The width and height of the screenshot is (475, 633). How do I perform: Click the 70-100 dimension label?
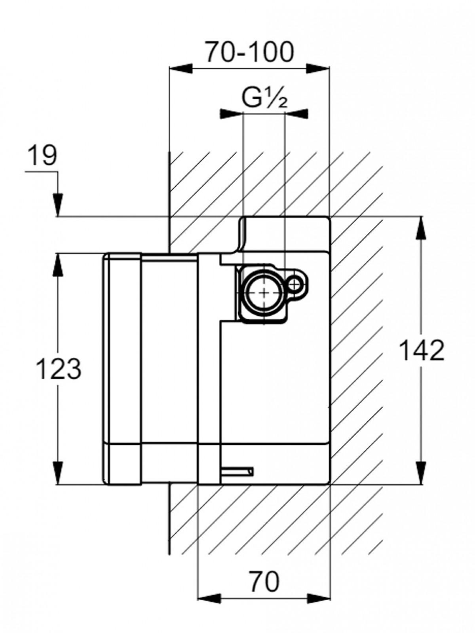[x=249, y=52]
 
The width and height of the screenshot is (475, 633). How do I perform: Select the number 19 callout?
[x=42, y=156]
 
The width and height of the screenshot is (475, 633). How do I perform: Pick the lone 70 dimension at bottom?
[x=264, y=582]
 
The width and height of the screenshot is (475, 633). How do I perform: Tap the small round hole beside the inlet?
[x=294, y=283]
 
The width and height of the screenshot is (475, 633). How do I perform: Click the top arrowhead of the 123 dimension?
[x=58, y=264]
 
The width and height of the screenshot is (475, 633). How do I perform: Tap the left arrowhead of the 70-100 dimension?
[x=180, y=68]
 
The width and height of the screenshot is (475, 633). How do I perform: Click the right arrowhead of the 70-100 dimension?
[x=318, y=68]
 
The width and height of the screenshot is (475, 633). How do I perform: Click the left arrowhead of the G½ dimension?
[x=231, y=114]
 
